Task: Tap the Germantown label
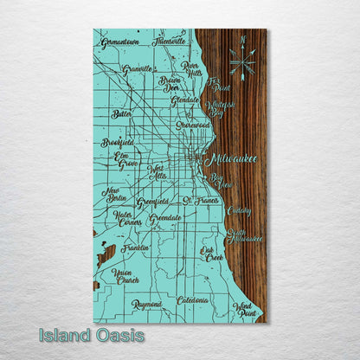(119, 42)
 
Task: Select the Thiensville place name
(169, 40)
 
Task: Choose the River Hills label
(191, 68)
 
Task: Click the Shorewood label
(192, 125)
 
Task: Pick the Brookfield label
(117, 142)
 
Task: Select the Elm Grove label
(127, 160)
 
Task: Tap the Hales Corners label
(127, 218)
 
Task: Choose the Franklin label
(134, 247)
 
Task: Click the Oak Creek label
(212, 253)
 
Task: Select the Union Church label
(126, 276)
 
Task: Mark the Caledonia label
(193, 300)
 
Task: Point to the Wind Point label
(245, 309)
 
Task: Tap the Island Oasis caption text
(91, 335)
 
